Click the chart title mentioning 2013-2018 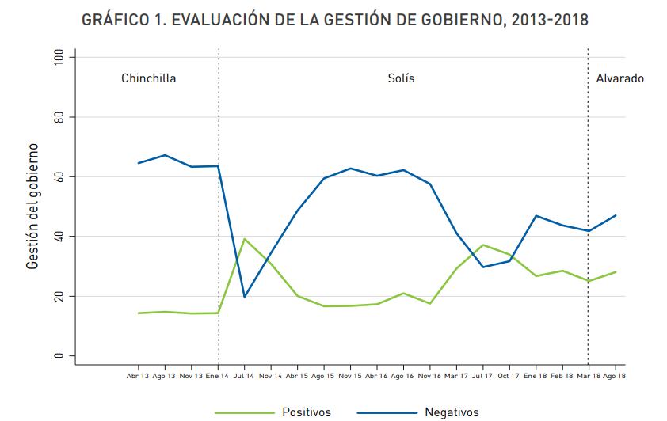335,20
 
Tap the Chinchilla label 148,78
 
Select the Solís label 401,78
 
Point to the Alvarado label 619,78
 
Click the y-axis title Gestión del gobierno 32,206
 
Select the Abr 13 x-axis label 138,376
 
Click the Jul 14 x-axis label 245,376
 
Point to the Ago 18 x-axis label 616,376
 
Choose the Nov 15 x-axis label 351,376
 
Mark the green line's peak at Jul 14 245,239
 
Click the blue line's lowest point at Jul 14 245,297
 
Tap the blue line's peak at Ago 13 165,155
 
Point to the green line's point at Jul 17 483,245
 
